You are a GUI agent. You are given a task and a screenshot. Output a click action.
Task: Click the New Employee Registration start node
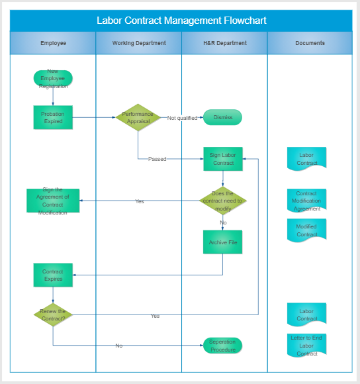(53, 78)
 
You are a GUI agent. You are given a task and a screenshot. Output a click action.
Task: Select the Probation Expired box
(53, 117)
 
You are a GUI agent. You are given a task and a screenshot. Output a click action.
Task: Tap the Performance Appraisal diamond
(138, 117)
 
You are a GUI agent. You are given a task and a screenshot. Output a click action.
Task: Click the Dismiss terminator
(223, 117)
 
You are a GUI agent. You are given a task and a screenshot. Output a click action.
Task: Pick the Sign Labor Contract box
(223, 159)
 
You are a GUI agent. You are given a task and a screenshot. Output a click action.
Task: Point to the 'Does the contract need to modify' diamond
(223, 201)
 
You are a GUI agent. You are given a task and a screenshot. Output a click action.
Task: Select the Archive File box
(223, 242)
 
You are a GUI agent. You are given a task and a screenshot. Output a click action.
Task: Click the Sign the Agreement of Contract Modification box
(53, 201)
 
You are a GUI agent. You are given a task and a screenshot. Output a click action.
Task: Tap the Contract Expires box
(53, 275)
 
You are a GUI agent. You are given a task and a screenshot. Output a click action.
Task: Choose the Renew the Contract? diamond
(53, 314)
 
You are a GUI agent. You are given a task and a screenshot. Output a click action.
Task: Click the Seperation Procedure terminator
(223, 346)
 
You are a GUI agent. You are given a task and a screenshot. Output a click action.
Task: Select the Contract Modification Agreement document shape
(306, 201)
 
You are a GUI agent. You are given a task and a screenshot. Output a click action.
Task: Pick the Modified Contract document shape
(306, 230)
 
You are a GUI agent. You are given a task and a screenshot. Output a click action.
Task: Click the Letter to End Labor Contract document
(306, 346)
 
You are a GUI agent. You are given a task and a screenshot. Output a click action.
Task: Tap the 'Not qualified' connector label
(183, 118)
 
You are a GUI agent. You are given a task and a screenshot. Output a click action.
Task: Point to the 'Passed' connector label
(157, 159)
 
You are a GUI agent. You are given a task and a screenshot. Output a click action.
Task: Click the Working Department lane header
(139, 43)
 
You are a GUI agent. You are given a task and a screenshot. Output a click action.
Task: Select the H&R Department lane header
(224, 43)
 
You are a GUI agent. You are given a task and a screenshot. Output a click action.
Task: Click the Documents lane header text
(310, 43)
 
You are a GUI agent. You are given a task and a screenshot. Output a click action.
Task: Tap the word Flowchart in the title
(245, 21)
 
